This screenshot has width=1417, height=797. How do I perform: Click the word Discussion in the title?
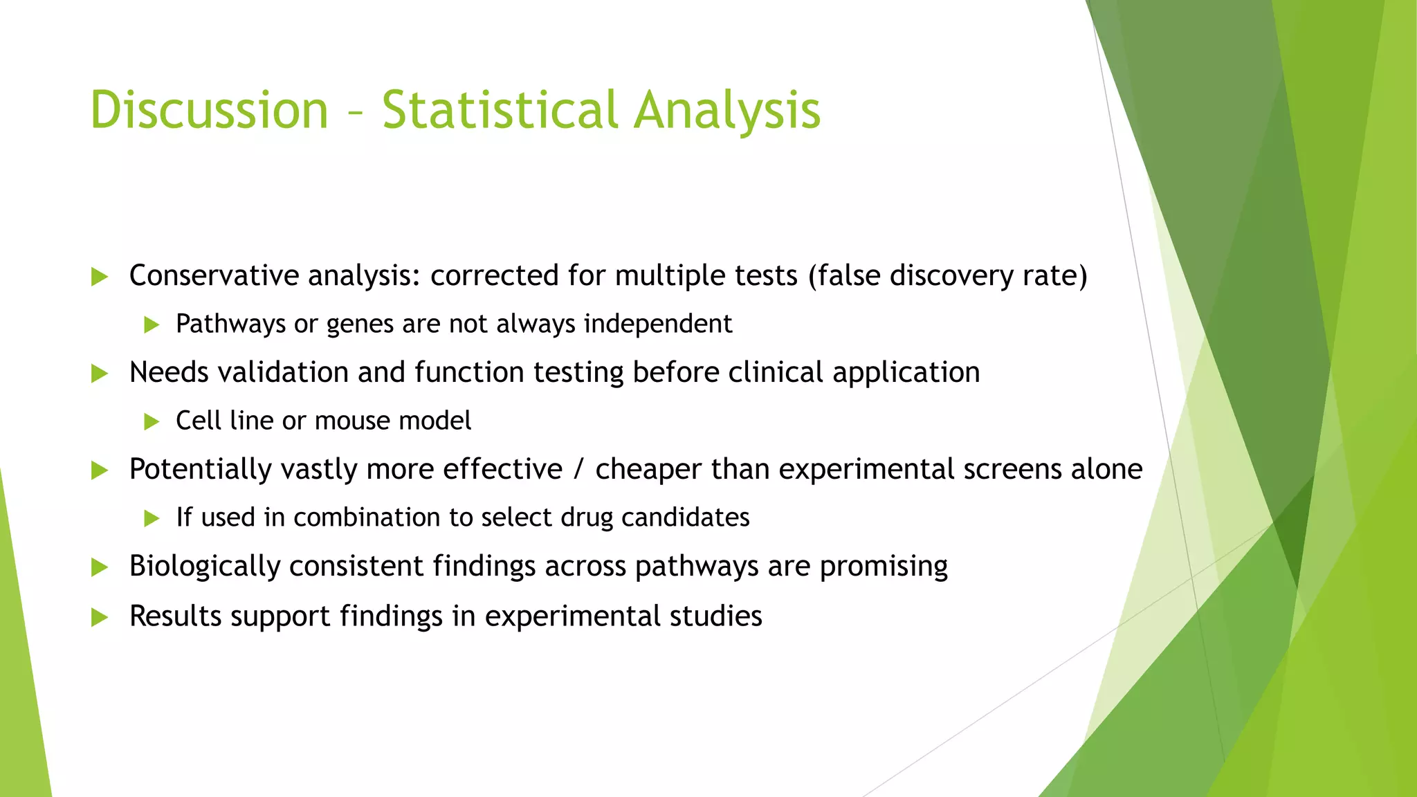coord(209,111)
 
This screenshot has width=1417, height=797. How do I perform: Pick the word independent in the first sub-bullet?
coord(658,324)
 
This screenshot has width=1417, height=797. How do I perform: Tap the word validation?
coord(283,372)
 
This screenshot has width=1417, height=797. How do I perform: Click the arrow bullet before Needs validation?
coord(100,374)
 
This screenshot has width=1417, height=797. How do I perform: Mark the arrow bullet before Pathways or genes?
coord(152,324)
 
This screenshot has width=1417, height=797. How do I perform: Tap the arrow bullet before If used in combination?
coord(152,518)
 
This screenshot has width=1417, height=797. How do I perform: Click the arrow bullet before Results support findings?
coord(100,617)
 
